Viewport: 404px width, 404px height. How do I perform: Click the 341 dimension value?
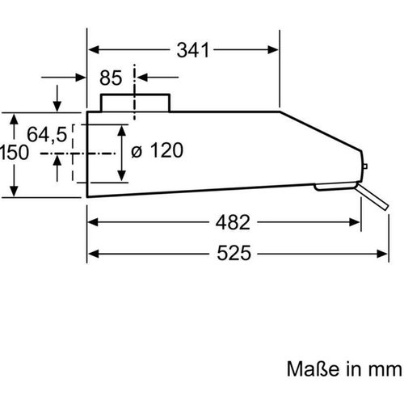point(194,50)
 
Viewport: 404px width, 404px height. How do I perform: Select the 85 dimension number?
point(111,78)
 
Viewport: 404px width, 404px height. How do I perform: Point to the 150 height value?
point(15,152)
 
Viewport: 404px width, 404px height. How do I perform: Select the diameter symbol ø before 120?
point(136,151)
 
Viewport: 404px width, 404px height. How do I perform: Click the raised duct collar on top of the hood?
point(135,103)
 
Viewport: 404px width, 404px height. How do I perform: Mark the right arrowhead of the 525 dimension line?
point(382,253)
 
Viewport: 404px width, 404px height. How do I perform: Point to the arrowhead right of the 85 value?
point(139,78)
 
